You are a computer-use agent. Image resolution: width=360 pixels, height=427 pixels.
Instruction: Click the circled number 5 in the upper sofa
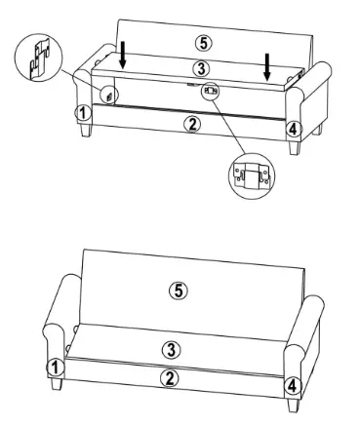pyautogui.click(x=201, y=44)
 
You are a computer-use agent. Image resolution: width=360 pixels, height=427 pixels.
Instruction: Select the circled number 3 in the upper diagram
pyautogui.click(x=199, y=68)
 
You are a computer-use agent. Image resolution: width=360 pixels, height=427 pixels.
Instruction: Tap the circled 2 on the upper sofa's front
pyautogui.click(x=193, y=124)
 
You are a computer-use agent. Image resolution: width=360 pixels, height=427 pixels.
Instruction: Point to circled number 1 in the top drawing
pyautogui.click(x=85, y=113)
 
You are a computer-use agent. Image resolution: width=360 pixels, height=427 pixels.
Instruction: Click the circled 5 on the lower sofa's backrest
pyautogui.click(x=177, y=290)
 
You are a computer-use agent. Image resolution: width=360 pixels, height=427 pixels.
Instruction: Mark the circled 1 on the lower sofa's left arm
pyautogui.click(x=57, y=368)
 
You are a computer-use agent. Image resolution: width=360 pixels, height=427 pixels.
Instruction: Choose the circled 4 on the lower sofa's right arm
pyautogui.click(x=291, y=386)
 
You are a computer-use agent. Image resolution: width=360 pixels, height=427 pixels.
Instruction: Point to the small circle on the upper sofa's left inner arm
pyautogui.click(x=109, y=95)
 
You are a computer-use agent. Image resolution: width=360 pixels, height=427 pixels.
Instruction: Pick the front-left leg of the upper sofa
pyautogui.click(x=87, y=133)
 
